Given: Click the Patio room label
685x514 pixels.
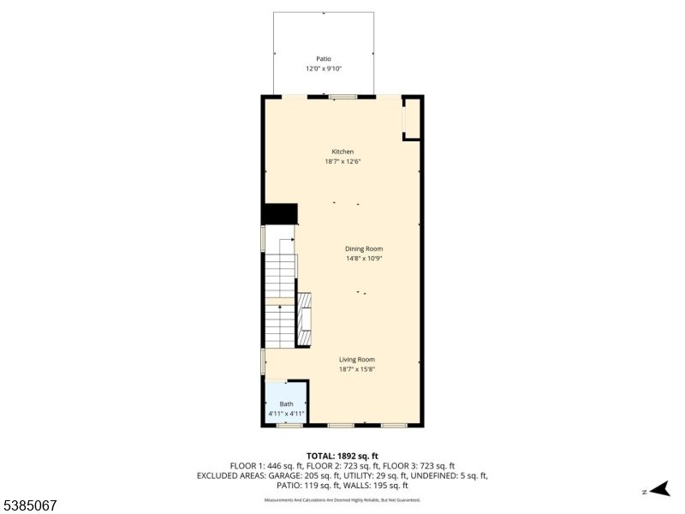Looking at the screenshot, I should pyautogui.click(x=324, y=59).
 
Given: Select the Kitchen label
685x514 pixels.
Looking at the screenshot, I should pyautogui.click(x=342, y=152).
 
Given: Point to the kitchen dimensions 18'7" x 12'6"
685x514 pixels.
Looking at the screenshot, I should pyautogui.click(x=342, y=161).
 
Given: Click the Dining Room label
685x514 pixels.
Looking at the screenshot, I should pyautogui.click(x=364, y=248).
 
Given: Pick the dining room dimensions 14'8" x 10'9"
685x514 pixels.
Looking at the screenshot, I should pyautogui.click(x=364, y=258).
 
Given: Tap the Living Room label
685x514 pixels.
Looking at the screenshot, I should pyautogui.click(x=356, y=360).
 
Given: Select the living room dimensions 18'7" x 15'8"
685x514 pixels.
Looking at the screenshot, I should pyautogui.click(x=356, y=369).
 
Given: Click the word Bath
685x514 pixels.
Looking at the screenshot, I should pyautogui.click(x=286, y=404).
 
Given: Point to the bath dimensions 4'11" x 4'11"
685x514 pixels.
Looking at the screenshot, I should pyautogui.click(x=286, y=414).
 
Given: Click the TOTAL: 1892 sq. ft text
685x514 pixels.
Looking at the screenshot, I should pyautogui.click(x=342, y=456).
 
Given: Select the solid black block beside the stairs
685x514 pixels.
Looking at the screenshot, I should pyautogui.click(x=279, y=214).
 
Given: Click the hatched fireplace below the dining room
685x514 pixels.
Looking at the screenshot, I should pyautogui.click(x=304, y=319).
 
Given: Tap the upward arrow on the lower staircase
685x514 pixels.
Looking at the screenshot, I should pyautogui.click(x=279, y=307).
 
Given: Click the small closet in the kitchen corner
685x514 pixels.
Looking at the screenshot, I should pyautogui.click(x=412, y=119).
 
